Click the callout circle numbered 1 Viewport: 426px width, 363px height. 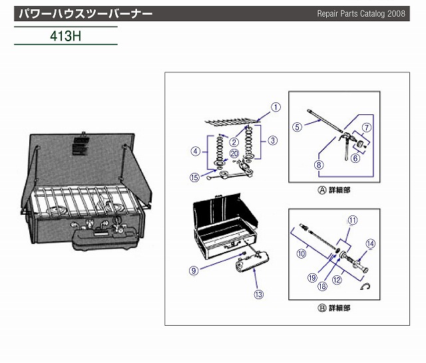[276, 106]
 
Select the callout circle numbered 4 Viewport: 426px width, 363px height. [196, 151]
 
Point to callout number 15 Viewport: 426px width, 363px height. [194, 178]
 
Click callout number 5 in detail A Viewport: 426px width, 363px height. [298, 125]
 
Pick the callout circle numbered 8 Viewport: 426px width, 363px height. [319, 165]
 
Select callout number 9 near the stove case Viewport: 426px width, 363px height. [194, 271]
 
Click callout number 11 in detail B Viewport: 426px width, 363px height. [353, 220]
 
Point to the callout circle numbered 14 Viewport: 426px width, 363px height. [371, 243]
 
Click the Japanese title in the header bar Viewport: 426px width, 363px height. [85, 13]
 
